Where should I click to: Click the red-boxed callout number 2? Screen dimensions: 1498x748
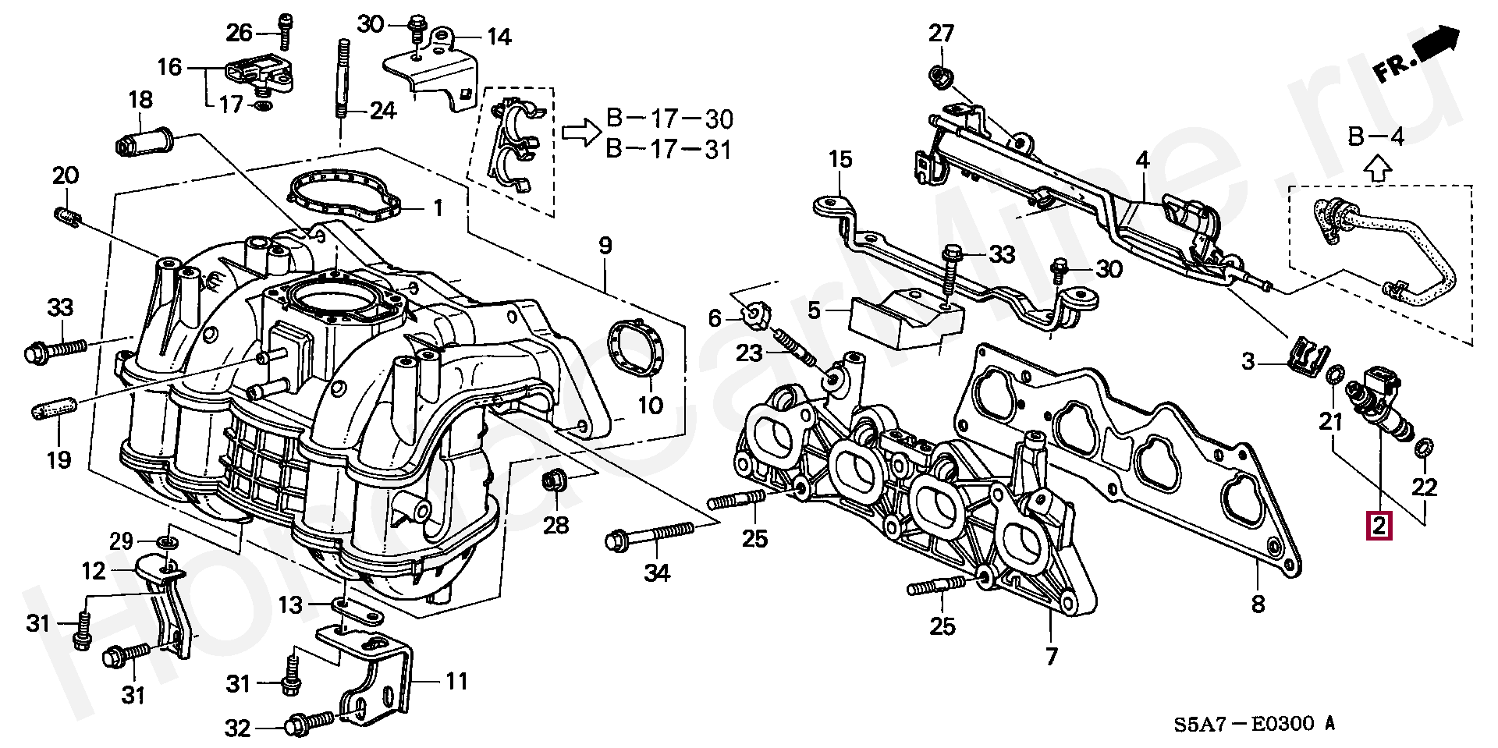pos(1379,525)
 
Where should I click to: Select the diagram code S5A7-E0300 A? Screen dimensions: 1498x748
pos(1255,723)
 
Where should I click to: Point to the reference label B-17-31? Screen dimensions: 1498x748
pos(669,148)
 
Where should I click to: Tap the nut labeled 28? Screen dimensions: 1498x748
pos(553,480)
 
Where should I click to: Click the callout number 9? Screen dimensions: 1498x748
pos(605,246)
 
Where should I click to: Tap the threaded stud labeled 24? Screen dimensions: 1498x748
pos(342,78)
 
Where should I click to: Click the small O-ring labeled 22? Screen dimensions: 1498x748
pos(1422,448)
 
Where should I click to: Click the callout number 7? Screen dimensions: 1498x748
pos(1051,657)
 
